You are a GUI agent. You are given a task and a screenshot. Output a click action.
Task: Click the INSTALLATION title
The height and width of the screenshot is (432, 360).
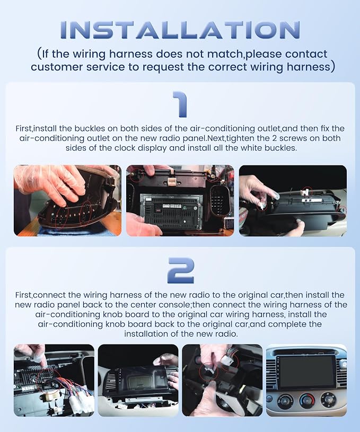click(x=180, y=30)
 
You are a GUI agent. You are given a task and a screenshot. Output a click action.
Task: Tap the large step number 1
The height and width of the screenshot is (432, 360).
click(x=180, y=104)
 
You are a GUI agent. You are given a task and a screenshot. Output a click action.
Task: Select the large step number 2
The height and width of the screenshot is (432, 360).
click(x=181, y=270)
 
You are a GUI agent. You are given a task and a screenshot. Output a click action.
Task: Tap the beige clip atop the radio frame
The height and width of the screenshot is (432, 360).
click(x=171, y=180)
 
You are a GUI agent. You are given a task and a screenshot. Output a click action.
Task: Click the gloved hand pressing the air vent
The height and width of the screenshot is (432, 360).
click(x=50, y=182)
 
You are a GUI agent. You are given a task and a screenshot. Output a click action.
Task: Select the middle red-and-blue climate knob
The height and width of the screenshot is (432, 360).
click(x=307, y=400)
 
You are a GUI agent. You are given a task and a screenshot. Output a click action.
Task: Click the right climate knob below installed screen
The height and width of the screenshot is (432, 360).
click(x=328, y=399)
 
